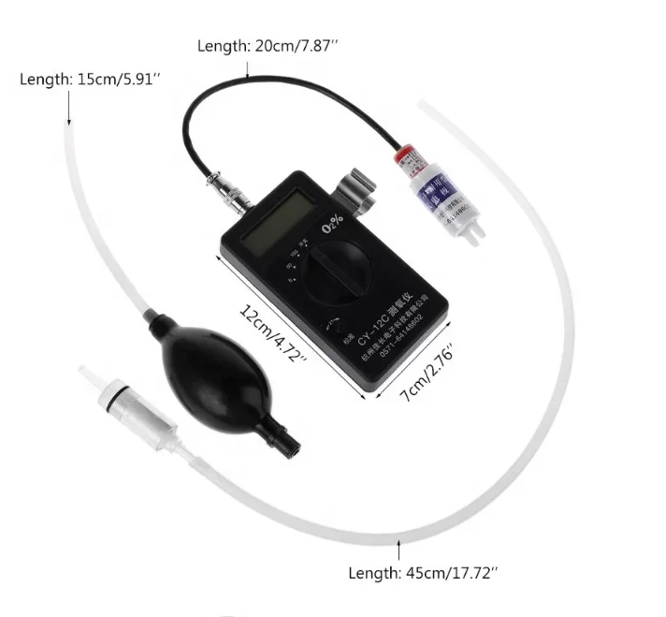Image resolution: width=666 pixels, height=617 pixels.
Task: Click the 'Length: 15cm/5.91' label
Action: point(90,80)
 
